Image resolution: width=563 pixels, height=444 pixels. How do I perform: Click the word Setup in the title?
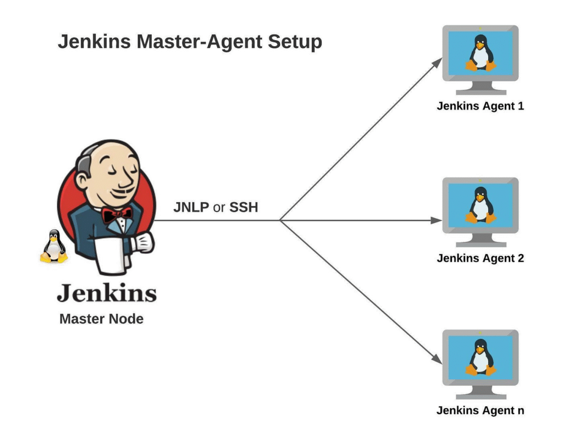(295, 42)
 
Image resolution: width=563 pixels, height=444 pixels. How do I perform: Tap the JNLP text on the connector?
(191, 208)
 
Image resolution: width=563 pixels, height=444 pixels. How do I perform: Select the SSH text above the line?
(244, 208)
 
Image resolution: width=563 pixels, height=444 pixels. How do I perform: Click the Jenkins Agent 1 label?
(480, 106)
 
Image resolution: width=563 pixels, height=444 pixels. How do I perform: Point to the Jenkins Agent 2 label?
(480, 258)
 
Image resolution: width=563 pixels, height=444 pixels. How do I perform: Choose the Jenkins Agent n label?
(480, 410)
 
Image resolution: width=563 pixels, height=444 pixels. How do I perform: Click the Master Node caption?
(101, 319)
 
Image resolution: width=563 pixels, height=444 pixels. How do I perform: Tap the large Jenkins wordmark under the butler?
(107, 293)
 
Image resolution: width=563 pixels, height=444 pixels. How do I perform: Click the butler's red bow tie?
(117, 214)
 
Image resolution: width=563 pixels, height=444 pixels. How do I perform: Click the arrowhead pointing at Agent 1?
(437, 62)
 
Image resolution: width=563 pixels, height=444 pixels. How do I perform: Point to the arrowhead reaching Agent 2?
(437, 220)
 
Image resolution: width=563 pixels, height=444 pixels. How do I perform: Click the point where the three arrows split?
(280, 220)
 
